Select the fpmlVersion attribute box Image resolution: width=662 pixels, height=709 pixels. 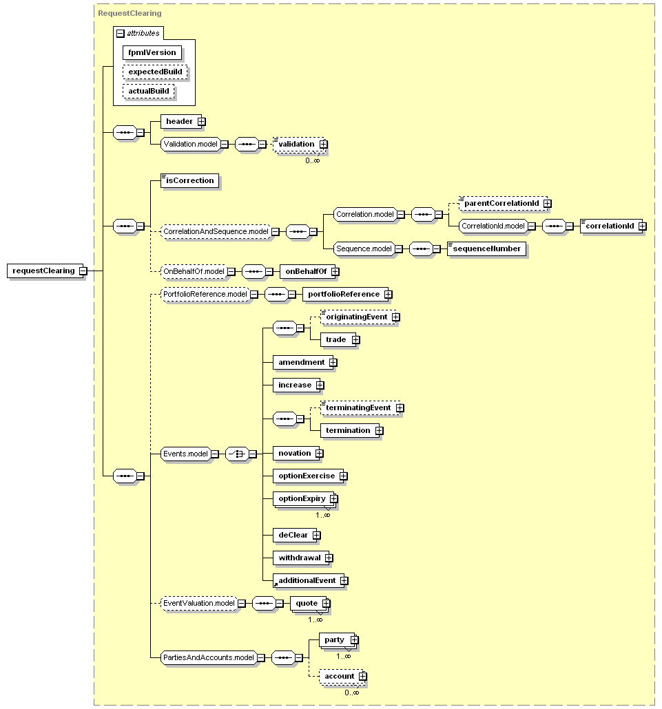point(152,52)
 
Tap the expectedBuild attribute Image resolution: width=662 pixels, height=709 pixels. point(155,72)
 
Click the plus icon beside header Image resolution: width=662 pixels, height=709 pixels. point(202,122)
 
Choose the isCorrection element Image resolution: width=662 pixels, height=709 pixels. point(190,180)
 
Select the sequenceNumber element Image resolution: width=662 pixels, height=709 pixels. point(486,248)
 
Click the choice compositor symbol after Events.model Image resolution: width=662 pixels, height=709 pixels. point(237,454)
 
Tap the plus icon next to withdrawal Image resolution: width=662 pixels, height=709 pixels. point(329,558)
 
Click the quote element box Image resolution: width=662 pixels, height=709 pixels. point(309,603)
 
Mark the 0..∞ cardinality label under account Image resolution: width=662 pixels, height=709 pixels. point(351,692)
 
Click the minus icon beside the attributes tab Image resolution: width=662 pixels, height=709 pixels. point(121,34)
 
